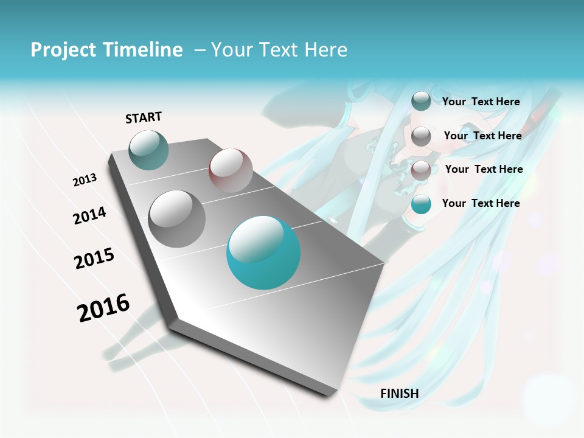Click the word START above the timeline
click(x=144, y=117)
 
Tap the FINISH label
click(x=399, y=394)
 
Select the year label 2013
click(x=85, y=180)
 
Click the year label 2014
click(x=89, y=216)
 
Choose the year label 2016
click(x=103, y=308)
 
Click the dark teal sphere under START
click(x=148, y=150)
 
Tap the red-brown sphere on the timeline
click(x=231, y=170)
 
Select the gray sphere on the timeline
click(x=177, y=219)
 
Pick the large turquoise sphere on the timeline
click(x=263, y=252)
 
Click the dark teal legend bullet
click(x=421, y=101)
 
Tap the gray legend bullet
click(x=421, y=136)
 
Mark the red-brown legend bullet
click(x=421, y=170)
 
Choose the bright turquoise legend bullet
click(x=421, y=204)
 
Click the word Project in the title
click(x=64, y=50)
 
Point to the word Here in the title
click(x=326, y=50)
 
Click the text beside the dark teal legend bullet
click(x=481, y=102)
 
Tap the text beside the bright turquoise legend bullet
click(x=481, y=203)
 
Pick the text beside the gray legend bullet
click(x=483, y=136)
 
